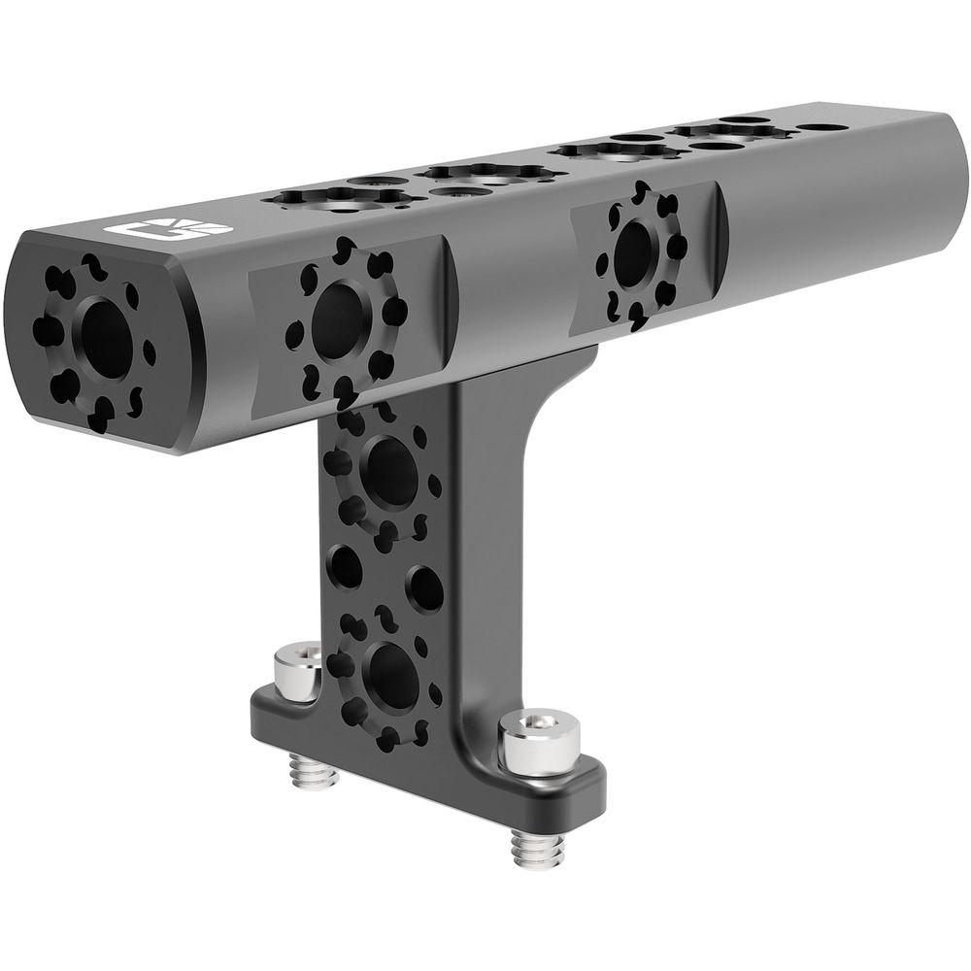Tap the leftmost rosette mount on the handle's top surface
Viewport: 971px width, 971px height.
click(x=335, y=198)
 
